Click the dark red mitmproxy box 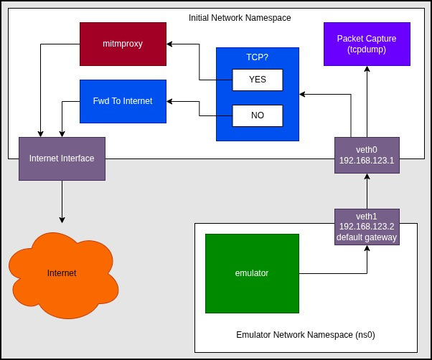click(123, 44)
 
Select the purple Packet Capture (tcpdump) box click(367, 44)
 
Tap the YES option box click(257, 80)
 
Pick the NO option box click(257, 115)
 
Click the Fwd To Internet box click(123, 101)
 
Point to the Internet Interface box click(62, 158)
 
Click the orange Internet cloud click(61, 273)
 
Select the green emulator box click(252, 273)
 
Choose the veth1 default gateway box click(367, 227)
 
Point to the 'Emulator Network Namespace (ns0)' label click(295, 335)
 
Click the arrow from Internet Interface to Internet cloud click(62, 201)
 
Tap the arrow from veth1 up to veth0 click(367, 192)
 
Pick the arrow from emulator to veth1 click(337, 273)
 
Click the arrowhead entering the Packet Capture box click(367, 70)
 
